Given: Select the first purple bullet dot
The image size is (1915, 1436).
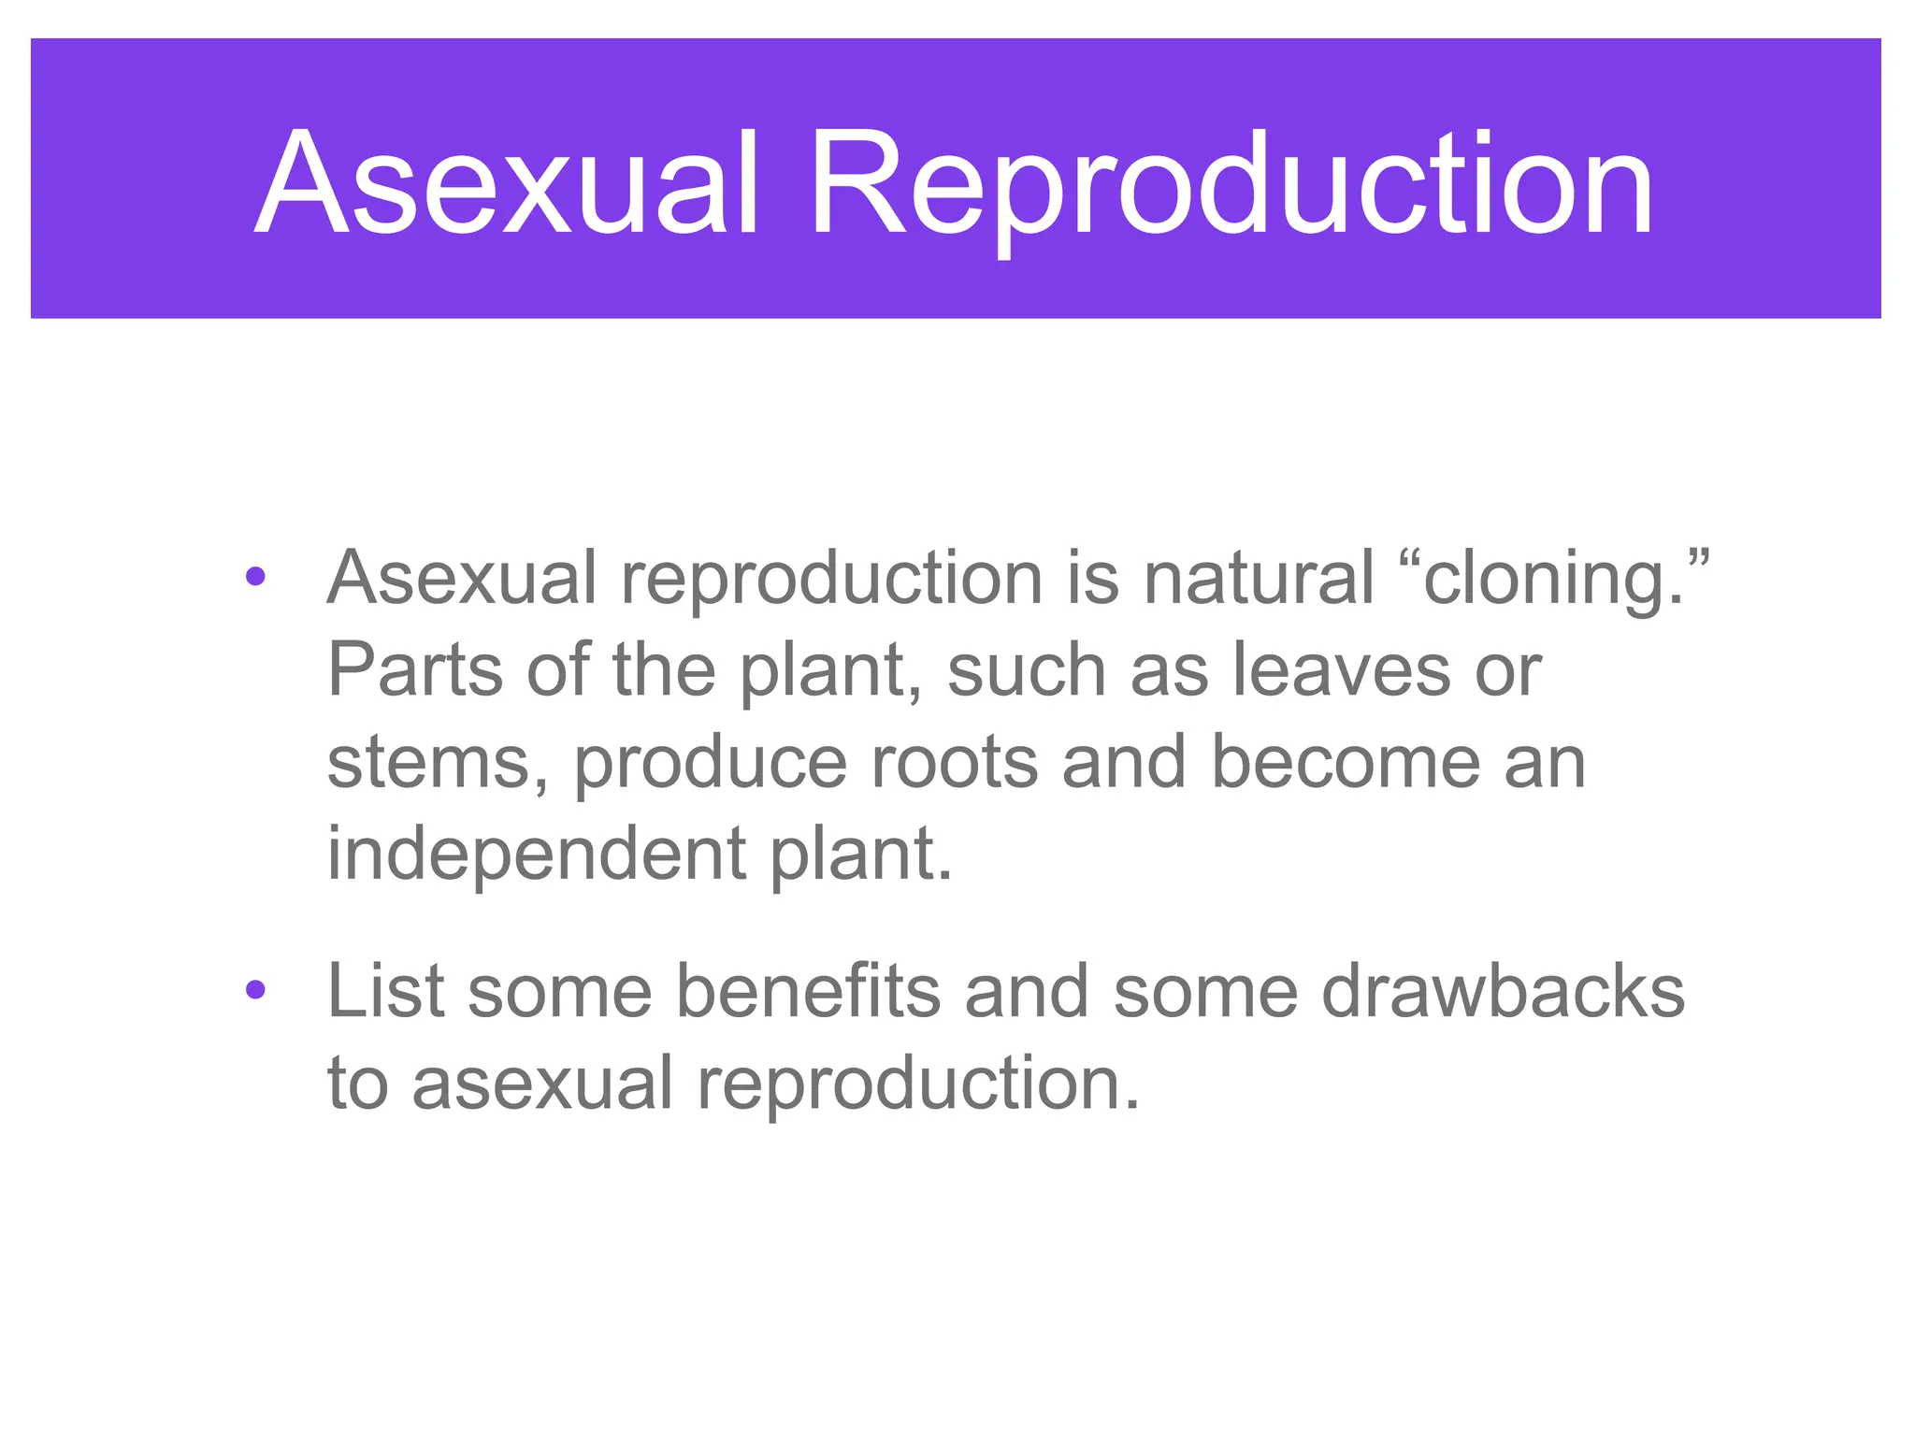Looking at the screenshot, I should point(255,577).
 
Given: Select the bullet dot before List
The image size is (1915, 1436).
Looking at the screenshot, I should point(255,989).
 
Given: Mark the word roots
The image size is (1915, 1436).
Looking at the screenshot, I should point(954,763).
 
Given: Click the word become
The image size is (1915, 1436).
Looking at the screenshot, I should point(1346,763).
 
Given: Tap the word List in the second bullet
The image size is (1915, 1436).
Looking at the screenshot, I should point(385,991).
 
